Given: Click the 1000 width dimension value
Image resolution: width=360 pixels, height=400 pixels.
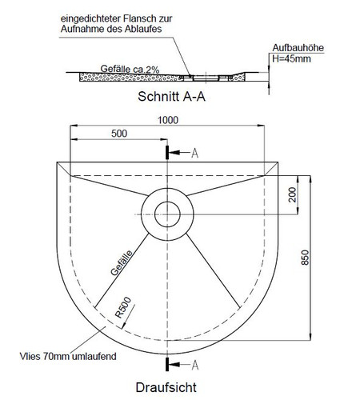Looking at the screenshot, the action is click(168, 120).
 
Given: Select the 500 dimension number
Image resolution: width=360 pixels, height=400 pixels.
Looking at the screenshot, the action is click(119, 134).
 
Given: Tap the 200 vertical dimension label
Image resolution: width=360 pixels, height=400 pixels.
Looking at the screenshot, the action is click(293, 194).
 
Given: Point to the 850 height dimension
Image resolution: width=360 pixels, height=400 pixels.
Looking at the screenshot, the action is click(305, 258).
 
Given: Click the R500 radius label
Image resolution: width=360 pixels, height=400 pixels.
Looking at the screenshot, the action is click(123, 307).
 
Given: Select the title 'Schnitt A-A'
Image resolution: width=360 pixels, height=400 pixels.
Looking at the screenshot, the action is click(171, 97).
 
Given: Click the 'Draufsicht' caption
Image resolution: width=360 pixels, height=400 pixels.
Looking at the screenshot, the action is click(166, 387).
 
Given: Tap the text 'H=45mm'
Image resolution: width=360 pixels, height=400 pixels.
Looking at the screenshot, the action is click(291, 58).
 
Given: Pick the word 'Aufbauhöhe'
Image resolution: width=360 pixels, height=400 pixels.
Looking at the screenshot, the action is click(298, 48).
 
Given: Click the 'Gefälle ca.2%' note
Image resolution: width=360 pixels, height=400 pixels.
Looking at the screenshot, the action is click(130, 69).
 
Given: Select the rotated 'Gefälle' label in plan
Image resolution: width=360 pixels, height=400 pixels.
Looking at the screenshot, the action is click(122, 262).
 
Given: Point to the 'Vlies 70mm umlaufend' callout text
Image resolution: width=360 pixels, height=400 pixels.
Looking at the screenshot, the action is click(68, 356).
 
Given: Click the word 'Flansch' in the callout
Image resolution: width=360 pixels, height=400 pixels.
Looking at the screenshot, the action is click(137, 18).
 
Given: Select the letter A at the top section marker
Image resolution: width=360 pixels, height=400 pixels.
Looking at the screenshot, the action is click(195, 154).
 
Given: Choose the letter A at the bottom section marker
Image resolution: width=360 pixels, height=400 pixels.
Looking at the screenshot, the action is click(195, 365).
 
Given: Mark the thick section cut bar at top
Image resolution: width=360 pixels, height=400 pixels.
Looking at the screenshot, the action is click(167, 153).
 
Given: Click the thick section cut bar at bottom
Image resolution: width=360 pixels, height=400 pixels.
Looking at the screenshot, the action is click(167, 364).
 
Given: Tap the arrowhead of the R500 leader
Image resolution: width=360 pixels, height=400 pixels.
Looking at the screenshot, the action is click(123, 326).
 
